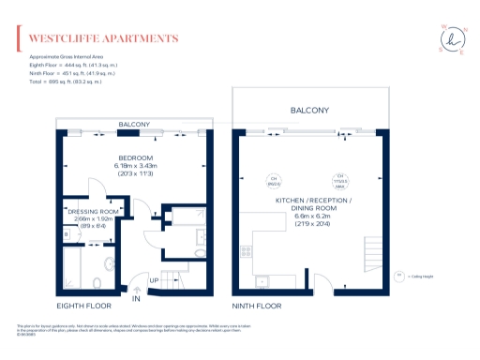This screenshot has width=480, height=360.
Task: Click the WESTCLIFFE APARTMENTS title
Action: [103, 38]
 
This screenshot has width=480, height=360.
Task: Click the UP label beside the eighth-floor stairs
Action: [153, 281]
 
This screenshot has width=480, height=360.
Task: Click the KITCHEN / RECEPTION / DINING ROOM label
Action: [312, 206]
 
